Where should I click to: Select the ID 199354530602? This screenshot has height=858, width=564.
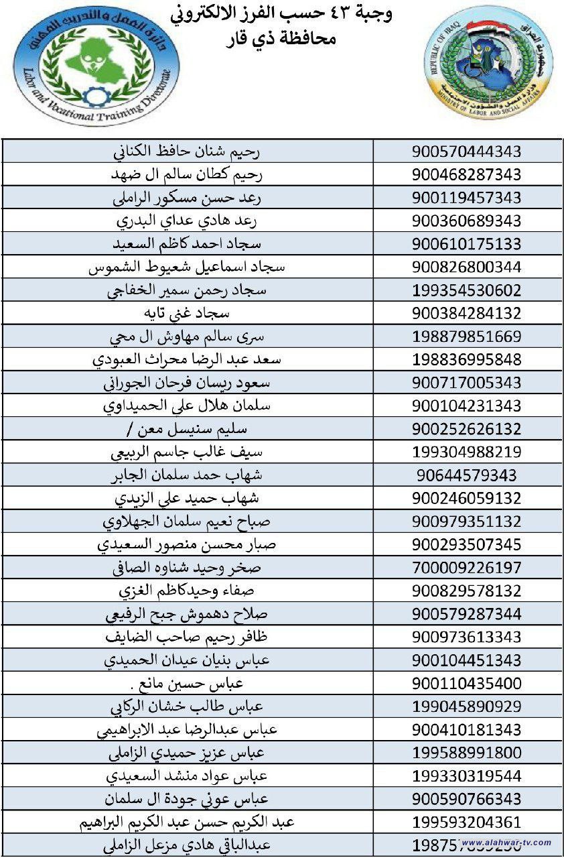tap(466, 291)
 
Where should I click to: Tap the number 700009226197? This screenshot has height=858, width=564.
tap(466, 568)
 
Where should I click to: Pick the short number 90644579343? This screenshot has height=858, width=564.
tap(466, 475)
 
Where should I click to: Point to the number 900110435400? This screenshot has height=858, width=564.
tap(466, 683)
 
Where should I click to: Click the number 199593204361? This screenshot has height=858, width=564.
tap(466, 822)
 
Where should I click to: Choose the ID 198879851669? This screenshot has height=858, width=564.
tap(466, 337)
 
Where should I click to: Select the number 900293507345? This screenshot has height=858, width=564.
tap(466, 544)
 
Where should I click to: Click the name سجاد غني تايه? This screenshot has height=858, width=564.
tap(187, 314)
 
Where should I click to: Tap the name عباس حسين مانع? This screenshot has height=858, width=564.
tap(187, 683)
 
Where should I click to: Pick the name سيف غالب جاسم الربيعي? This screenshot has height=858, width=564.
tap(187, 452)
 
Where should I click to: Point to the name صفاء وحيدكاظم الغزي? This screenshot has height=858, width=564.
tap(187, 591)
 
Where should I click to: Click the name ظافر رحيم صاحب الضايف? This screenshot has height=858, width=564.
tap(187, 637)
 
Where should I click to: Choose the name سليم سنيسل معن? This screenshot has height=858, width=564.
tap(187, 429)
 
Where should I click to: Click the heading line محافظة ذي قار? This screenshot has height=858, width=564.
tap(281, 39)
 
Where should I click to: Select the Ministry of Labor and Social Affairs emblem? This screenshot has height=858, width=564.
tap(487, 64)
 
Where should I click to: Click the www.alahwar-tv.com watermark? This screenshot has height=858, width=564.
tap(506, 843)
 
